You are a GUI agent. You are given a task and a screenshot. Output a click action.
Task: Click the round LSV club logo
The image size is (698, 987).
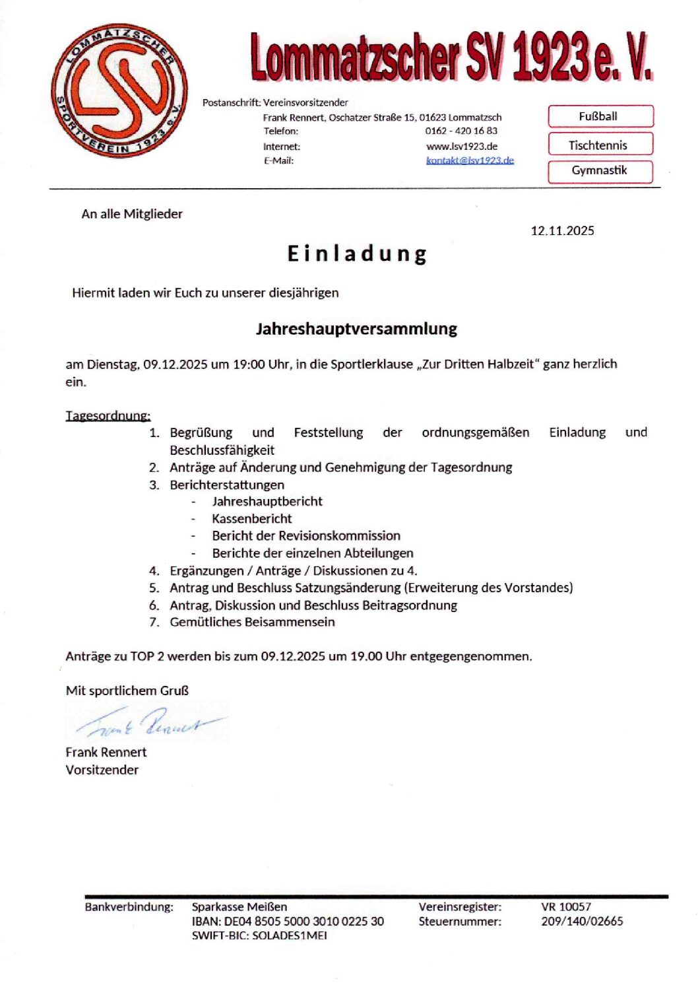(119, 92)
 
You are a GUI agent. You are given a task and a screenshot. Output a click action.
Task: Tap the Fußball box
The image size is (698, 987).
(600, 116)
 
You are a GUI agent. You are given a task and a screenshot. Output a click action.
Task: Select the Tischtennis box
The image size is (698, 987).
(600, 145)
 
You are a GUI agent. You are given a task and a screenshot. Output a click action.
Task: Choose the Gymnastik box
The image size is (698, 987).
(600, 171)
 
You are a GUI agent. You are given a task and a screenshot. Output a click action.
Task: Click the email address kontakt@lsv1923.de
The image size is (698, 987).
(470, 160)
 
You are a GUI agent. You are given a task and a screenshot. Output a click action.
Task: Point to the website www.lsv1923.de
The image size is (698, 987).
(462, 147)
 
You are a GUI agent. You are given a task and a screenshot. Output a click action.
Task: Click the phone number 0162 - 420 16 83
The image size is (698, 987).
(461, 131)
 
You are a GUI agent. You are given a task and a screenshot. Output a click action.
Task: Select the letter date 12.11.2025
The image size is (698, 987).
(562, 230)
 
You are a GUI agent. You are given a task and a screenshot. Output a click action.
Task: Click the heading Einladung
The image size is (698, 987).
(357, 254)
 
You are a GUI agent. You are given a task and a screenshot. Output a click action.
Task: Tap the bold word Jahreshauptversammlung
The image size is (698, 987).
(356, 329)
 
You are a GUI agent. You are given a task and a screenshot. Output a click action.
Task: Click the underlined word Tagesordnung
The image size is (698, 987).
(108, 415)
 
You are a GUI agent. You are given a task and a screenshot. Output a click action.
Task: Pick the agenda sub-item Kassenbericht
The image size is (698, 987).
(251, 519)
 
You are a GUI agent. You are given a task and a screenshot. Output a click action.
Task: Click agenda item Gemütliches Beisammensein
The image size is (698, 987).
(252, 622)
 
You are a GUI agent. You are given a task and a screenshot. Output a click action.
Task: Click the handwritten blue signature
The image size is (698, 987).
(148, 721)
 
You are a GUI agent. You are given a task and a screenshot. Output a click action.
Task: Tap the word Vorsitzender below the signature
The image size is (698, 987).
(102, 770)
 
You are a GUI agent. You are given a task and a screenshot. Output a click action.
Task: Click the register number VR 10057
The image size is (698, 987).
(566, 907)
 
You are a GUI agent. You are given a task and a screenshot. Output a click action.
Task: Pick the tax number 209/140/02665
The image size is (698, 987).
(582, 921)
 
